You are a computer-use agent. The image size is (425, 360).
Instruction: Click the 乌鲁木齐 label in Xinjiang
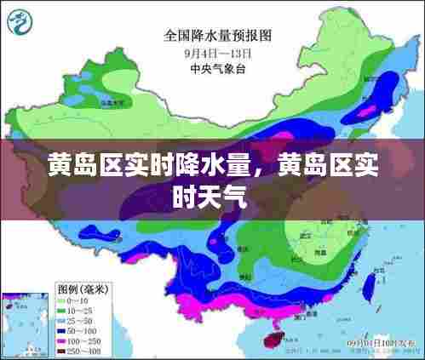pyautogui.click(x=107, y=101)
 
